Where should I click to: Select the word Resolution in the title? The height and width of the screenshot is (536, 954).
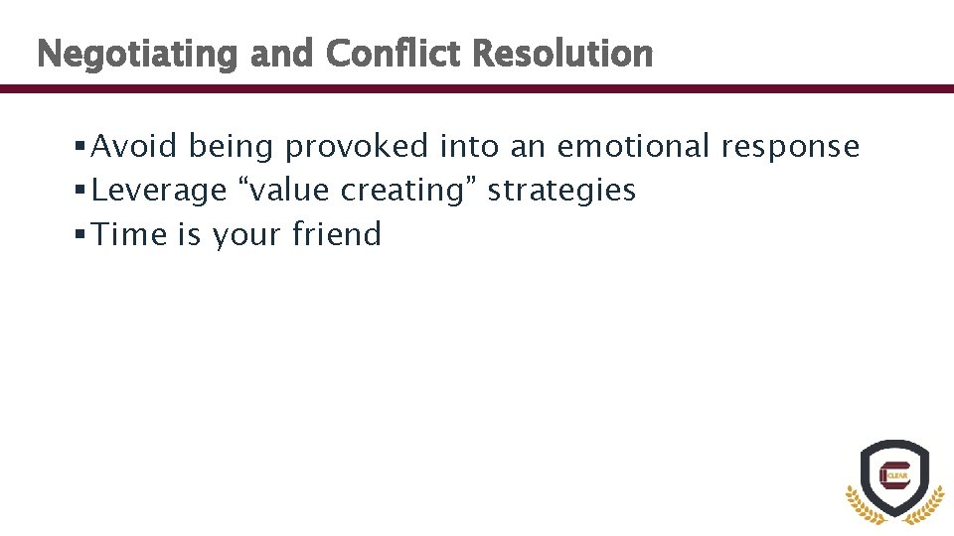563,53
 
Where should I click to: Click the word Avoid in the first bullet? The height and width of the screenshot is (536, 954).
134,147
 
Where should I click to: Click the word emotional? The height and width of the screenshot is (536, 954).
633,147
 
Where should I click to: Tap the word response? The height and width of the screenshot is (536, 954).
790,148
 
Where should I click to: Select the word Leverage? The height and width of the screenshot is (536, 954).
159,191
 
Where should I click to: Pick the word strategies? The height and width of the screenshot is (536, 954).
561,191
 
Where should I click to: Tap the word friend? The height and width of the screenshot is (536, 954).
337,234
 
